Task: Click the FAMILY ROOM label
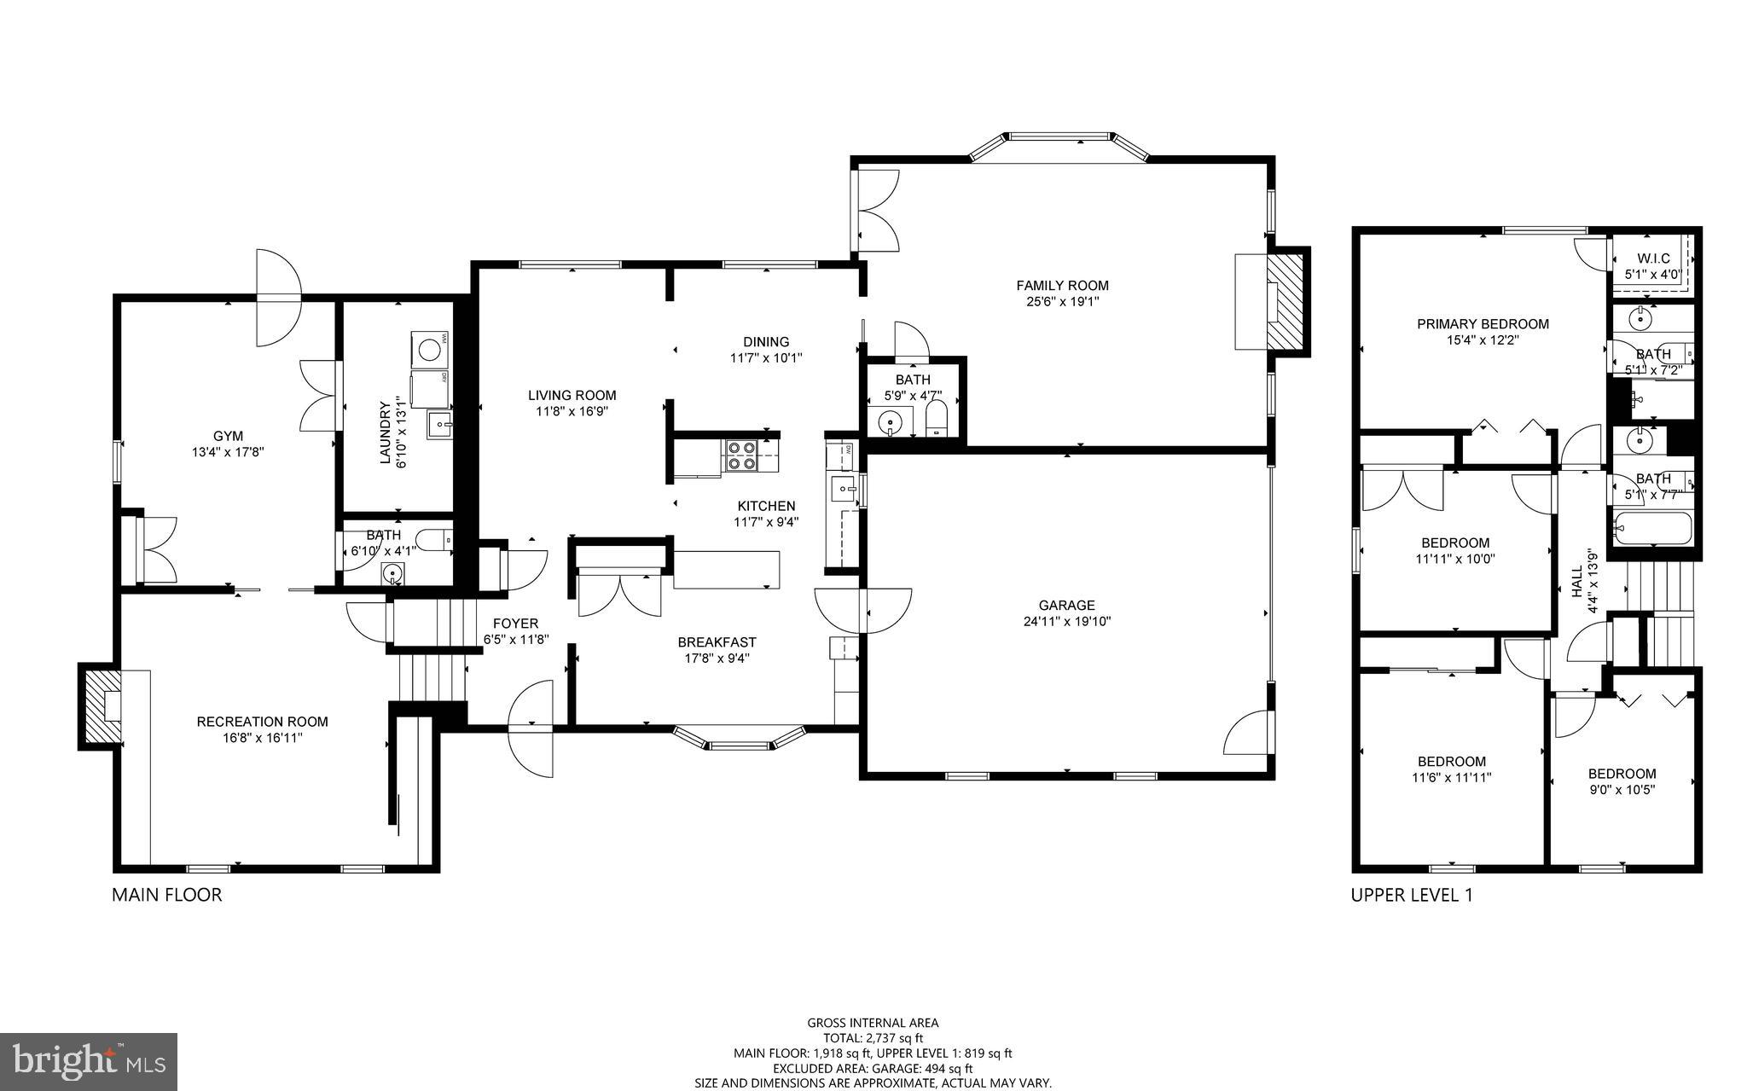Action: [x=1062, y=286]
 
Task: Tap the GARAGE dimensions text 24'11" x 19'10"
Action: [x=1066, y=622]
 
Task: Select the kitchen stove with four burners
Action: [x=740, y=455]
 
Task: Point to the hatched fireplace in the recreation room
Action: [x=102, y=706]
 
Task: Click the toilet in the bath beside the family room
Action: [x=936, y=421]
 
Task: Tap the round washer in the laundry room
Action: [x=430, y=349]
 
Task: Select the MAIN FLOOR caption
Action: [x=167, y=895]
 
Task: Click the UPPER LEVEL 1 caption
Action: [x=1411, y=895]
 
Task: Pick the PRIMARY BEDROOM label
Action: [x=1483, y=324]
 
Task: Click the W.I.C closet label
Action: [x=1652, y=258]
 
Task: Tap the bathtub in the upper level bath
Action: [x=1651, y=529]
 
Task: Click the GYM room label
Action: [x=228, y=436]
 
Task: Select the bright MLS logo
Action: [x=89, y=1060]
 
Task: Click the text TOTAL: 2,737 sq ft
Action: [x=873, y=1038]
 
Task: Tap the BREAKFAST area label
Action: [x=717, y=642]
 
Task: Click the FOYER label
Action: [x=515, y=624]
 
